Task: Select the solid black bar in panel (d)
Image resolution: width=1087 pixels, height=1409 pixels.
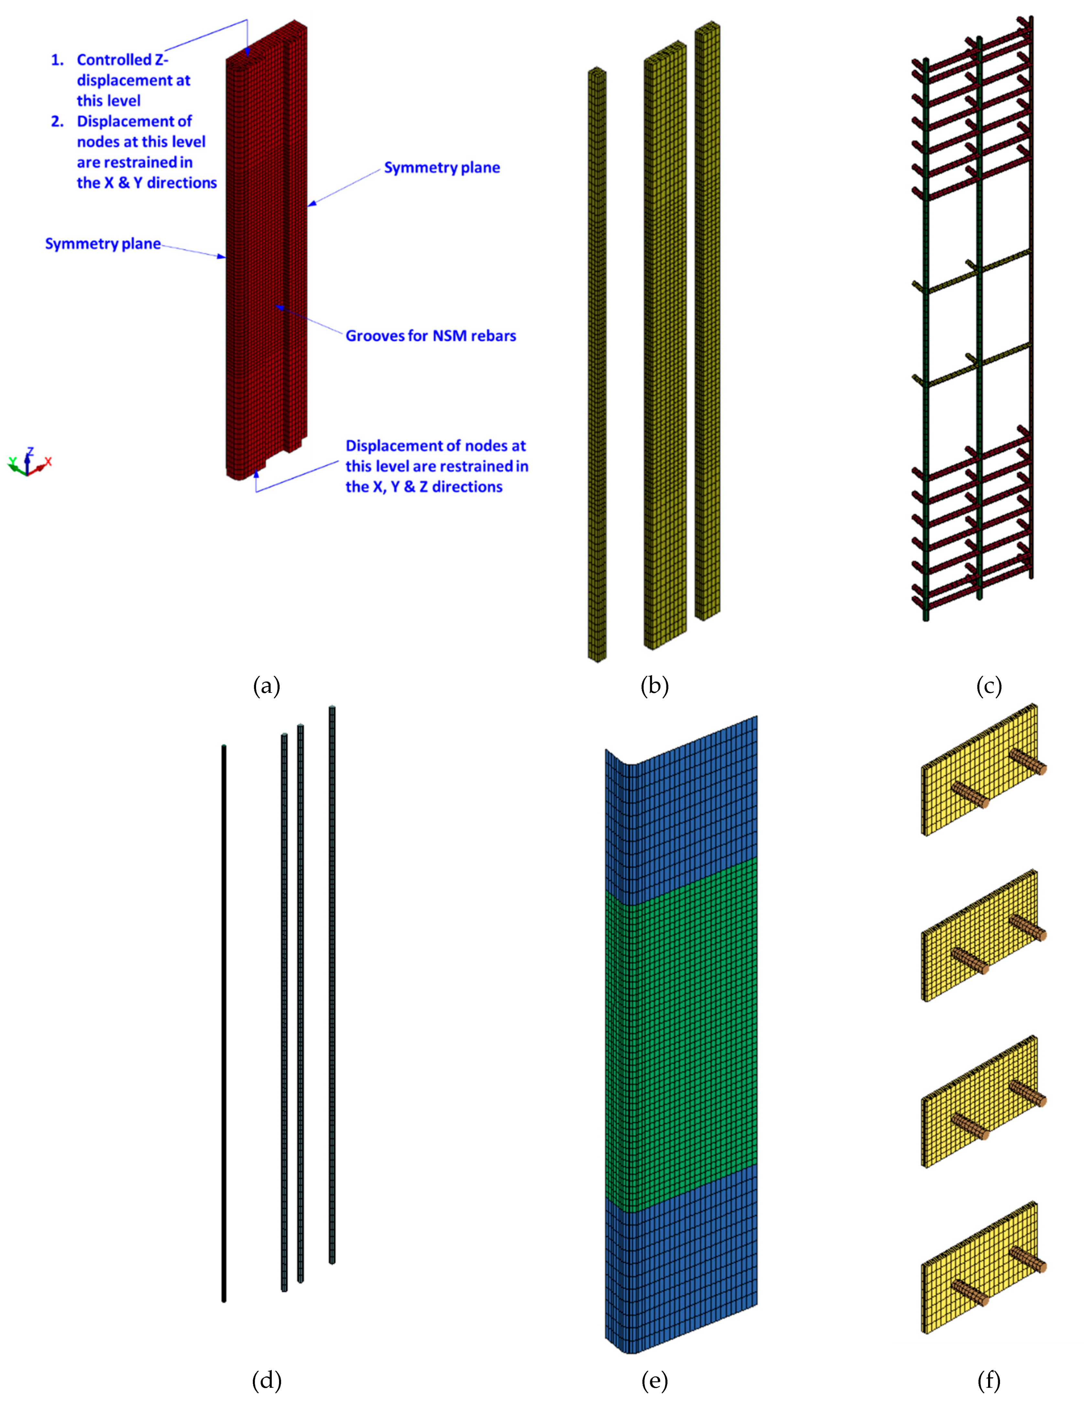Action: click(224, 1026)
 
